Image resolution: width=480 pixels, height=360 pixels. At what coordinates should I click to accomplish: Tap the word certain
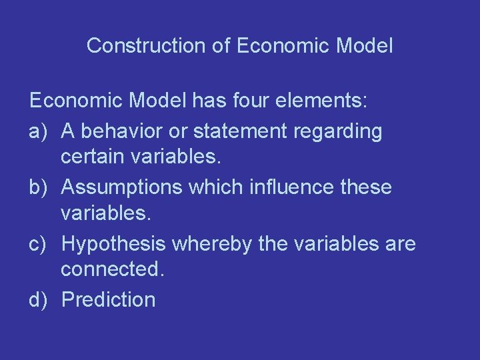click(x=91, y=159)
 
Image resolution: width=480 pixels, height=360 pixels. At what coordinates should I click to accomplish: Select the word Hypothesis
click(x=113, y=245)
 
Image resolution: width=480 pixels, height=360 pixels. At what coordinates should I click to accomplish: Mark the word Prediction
click(x=108, y=299)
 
